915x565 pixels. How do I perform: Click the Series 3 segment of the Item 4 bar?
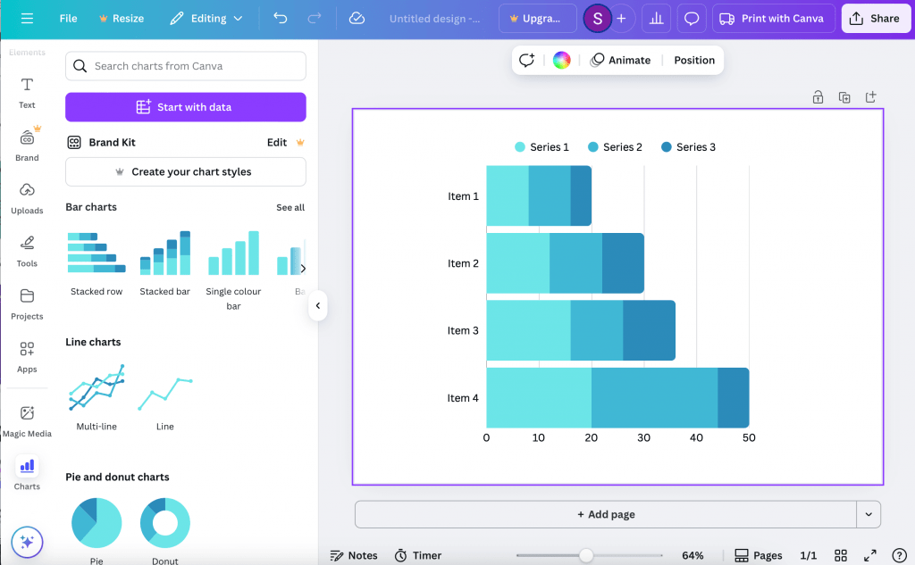point(734,398)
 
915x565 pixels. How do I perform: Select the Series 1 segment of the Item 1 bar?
point(508,195)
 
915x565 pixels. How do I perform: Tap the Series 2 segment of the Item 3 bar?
point(597,330)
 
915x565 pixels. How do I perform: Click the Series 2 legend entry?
point(615,147)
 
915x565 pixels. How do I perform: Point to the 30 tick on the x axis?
point(643,438)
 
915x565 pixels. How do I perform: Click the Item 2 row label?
point(464,263)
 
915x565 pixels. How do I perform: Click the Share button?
point(876,19)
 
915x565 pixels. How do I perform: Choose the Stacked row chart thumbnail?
point(97,253)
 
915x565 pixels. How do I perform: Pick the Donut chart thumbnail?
point(165,523)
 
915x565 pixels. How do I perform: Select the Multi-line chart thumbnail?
point(97,387)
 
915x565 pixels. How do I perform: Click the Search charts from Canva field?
point(186,66)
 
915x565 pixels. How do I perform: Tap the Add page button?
point(606,514)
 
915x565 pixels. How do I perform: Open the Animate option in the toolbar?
point(620,60)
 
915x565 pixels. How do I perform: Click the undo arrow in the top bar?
point(280,18)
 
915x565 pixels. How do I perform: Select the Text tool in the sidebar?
point(27,93)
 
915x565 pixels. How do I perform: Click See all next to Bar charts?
point(290,208)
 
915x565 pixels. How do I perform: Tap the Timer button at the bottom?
point(418,556)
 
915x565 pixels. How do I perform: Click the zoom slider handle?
point(586,556)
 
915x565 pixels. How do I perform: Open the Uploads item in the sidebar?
point(27,199)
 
